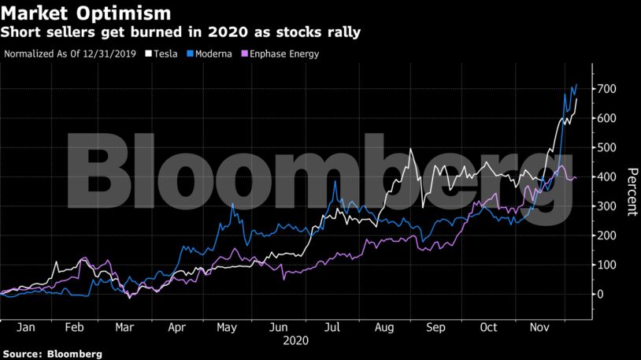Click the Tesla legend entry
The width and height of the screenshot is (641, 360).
(x=161, y=54)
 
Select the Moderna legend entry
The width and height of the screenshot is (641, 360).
(x=209, y=54)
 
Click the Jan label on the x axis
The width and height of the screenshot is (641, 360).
(x=26, y=326)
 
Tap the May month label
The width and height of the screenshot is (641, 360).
(x=227, y=326)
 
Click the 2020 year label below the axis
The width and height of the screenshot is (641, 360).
(x=296, y=341)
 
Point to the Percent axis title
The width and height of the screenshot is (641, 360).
(x=631, y=191)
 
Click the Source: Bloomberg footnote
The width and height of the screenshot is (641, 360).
(x=52, y=354)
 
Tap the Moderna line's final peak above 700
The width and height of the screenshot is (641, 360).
(x=576, y=85)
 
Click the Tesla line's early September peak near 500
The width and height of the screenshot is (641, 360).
(x=410, y=150)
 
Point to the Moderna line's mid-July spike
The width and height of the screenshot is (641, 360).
(x=336, y=182)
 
